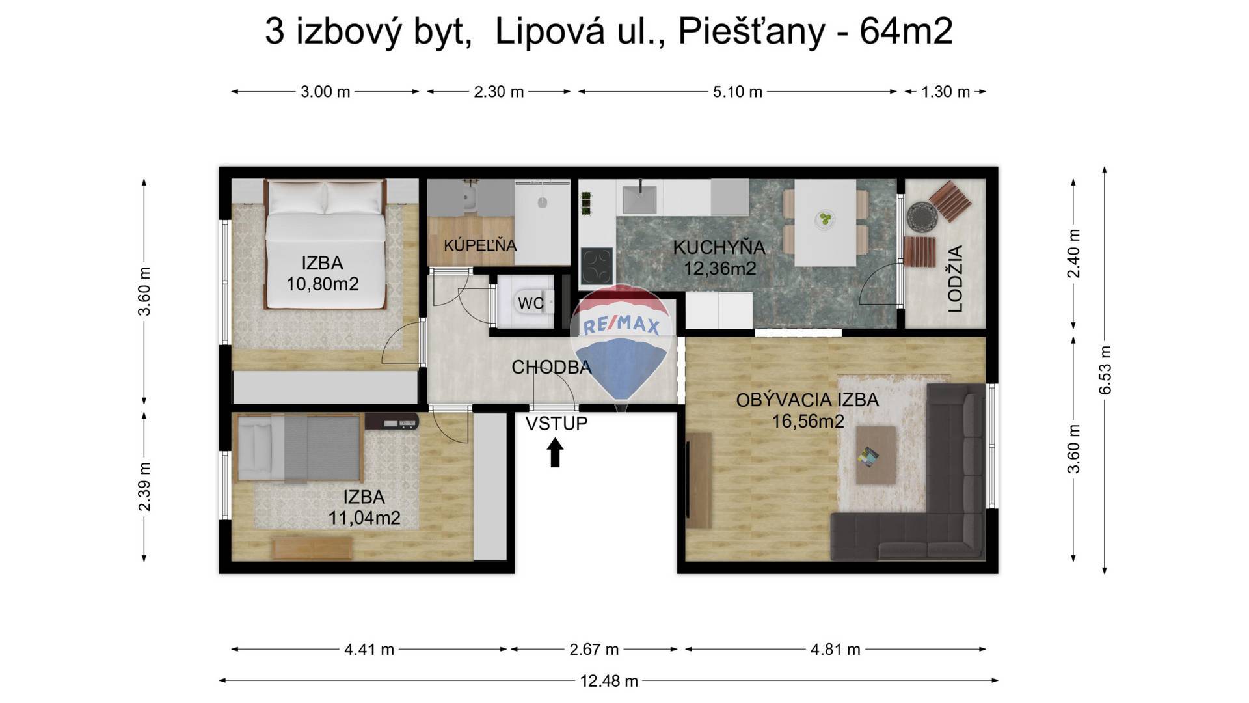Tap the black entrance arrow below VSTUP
point(555,453)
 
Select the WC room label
point(531,303)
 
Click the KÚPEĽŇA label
point(480,245)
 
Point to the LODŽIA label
point(955,279)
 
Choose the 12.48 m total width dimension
point(609,681)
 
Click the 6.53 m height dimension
point(1105,370)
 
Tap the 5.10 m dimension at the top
point(737,92)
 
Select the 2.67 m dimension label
point(594,649)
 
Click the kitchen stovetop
point(597,266)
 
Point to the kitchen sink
point(639,199)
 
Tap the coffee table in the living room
point(876,454)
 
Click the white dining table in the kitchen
point(826,222)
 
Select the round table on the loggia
point(921,216)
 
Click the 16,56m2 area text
point(808,422)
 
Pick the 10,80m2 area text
point(323,284)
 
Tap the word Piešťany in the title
point(751,31)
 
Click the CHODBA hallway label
point(552,367)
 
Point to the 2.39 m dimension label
point(144,487)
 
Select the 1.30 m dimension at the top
point(945,92)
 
